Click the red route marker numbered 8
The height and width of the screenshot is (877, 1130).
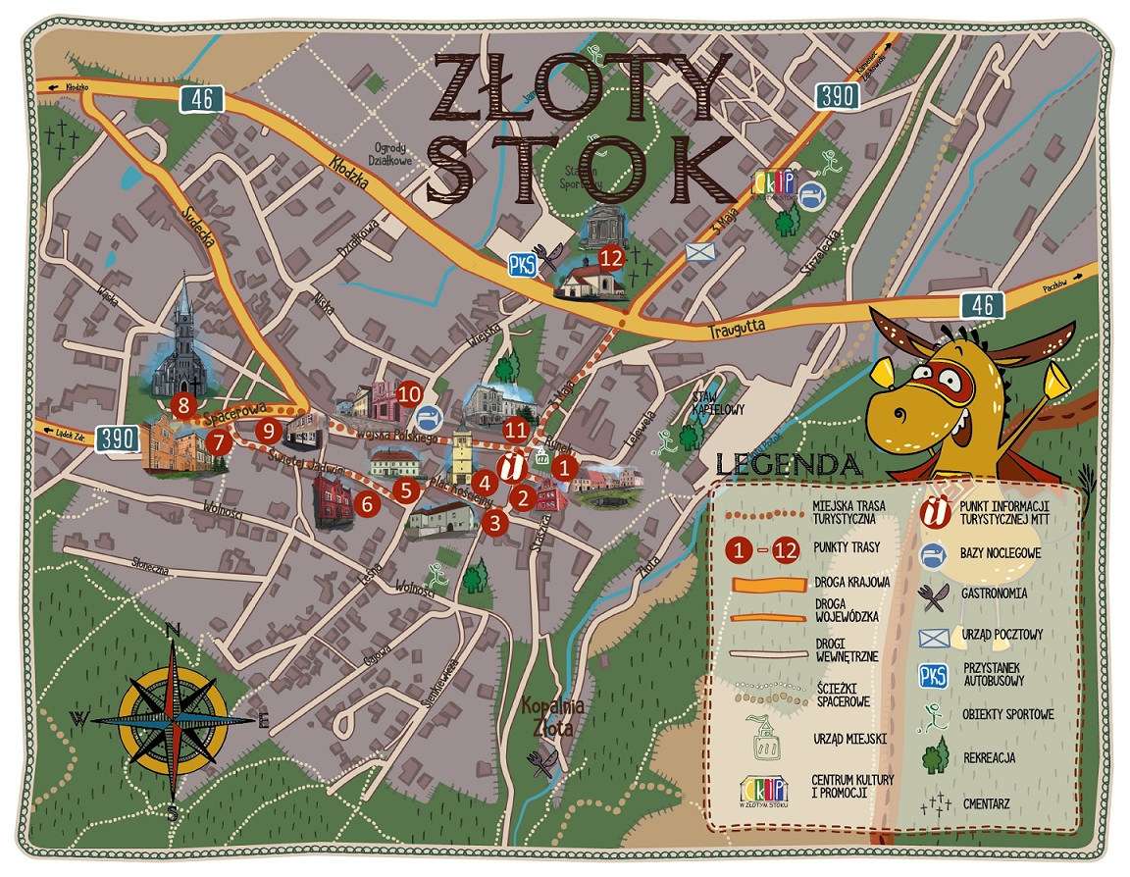click(180, 402)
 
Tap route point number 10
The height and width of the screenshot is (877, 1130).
click(410, 393)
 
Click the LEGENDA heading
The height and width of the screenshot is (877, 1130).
click(790, 463)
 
